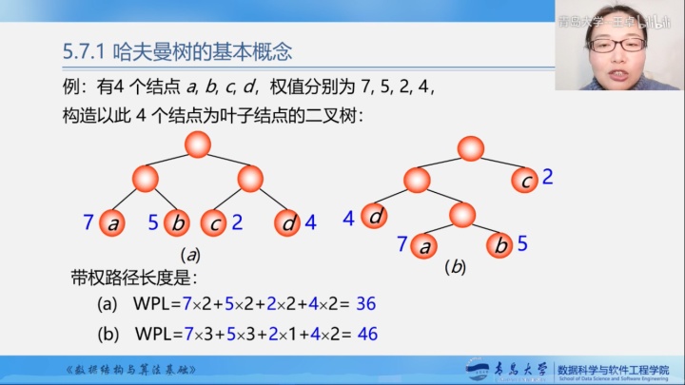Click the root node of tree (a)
[197, 144]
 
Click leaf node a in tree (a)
[113, 223]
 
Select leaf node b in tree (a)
[177, 223]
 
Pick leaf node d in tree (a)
[287, 223]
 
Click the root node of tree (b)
[470, 147]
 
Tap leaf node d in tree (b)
[377, 217]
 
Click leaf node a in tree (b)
[425, 245]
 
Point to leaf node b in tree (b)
[499, 245]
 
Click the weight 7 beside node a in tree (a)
[88, 223]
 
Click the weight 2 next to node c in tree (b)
[548, 177]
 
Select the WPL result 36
[366, 305]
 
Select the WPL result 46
[366, 334]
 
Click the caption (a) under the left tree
[190, 255]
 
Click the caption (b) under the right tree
[455, 268]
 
